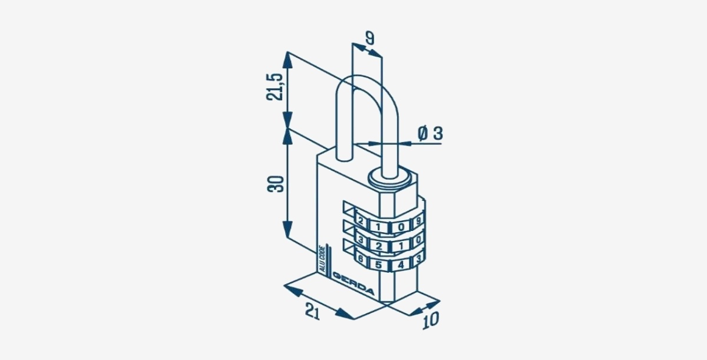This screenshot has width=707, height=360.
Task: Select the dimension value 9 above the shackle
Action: [370, 38]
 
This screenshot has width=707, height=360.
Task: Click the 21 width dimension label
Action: [312, 311]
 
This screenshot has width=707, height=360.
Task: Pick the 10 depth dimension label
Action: [431, 321]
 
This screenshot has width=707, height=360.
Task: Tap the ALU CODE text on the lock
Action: [322, 259]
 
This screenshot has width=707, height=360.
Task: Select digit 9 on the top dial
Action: [418, 220]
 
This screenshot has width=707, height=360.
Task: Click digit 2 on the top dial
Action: [360, 221]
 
